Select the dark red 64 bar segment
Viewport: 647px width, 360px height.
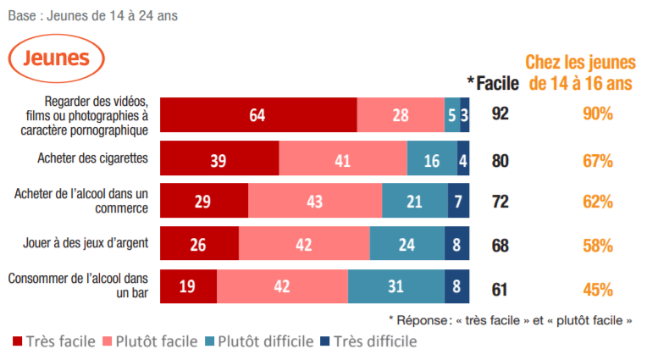[258, 114]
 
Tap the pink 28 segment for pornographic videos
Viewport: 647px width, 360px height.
[401, 114]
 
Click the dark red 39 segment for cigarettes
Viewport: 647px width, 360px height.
[219, 158]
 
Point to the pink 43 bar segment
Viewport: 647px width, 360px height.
[315, 201]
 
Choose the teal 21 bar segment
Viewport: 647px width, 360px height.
[415, 201]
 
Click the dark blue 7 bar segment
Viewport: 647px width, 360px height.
[458, 201]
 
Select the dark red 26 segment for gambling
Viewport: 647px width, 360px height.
[199, 244]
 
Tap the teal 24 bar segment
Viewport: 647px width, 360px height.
[407, 244]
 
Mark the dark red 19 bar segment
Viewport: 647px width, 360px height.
[188, 286]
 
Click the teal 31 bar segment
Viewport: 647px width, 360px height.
[396, 286]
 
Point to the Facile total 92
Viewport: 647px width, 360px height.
[500, 114]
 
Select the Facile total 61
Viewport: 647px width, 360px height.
[500, 288]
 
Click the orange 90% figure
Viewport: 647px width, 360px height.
[597, 114]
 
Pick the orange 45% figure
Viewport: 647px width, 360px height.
[597, 288]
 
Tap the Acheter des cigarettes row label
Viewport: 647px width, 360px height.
[93, 158]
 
